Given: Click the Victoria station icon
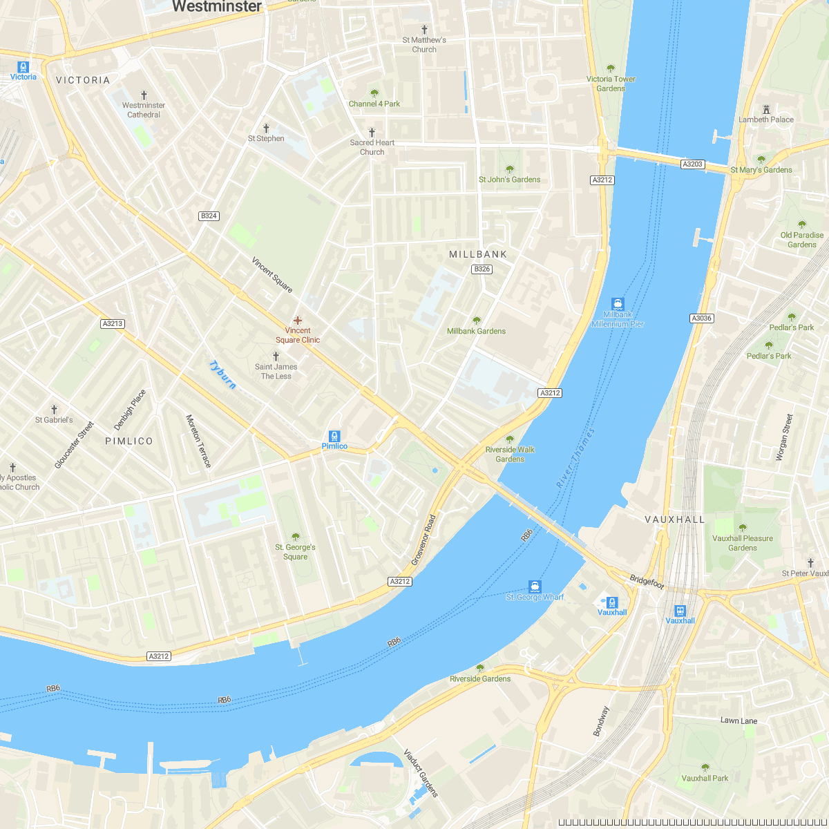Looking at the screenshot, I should click(x=23, y=67).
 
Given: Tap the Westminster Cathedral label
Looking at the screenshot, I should click(x=144, y=110).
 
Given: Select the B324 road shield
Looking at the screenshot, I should click(x=209, y=216).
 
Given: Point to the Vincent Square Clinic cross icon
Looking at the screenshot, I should click(x=298, y=321).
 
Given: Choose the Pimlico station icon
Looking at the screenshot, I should click(x=334, y=436).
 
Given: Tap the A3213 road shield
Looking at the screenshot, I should click(x=112, y=323).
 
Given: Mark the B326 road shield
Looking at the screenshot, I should click(x=482, y=269).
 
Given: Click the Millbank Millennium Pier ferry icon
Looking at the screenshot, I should click(x=618, y=303).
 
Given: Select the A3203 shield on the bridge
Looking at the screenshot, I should click(x=692, y=164).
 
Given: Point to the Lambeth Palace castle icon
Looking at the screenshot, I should click(x=766, y=109).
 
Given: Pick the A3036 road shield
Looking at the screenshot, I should click(x=701, y=318).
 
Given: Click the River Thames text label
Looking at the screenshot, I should click(x=575, y=459).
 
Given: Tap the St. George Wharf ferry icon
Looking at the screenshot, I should click(x=535, y=587).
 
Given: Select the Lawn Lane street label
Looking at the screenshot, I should click(x=739, y=721).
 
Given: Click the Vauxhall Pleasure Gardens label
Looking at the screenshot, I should click(x=743, y=543).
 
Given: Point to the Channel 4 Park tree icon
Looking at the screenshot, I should click(x=374, y=93).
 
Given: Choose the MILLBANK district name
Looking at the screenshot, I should click(x=478, y=254).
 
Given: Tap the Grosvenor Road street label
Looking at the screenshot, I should click(x=424, y=540).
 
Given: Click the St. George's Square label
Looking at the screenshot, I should click(x=295, y=552).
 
